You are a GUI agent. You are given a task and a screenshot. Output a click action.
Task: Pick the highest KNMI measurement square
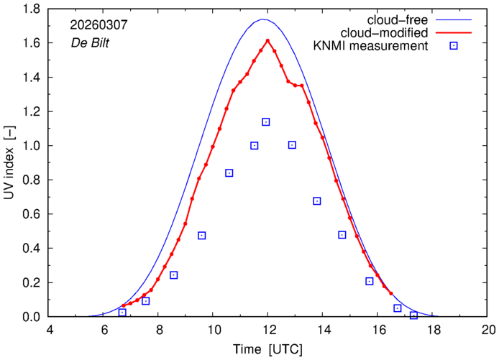pos(266,122)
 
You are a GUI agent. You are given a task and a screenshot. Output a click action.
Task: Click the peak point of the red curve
pos(267,40)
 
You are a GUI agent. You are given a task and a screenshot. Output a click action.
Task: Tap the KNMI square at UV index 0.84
pos(229,173)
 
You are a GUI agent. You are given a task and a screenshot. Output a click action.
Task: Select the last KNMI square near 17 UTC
pos(413,315)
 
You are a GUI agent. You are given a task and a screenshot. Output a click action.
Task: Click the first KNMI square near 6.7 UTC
pos(122,313)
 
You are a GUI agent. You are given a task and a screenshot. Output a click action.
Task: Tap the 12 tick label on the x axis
pos(268,330)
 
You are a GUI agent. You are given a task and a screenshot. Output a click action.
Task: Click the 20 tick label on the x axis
pos(488,330)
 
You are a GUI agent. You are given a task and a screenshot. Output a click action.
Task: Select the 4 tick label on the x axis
pos(49,330)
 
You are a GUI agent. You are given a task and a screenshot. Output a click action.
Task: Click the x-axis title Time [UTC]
pos(268,350)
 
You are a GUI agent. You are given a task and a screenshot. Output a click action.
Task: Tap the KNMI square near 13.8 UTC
pos(317,201)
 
